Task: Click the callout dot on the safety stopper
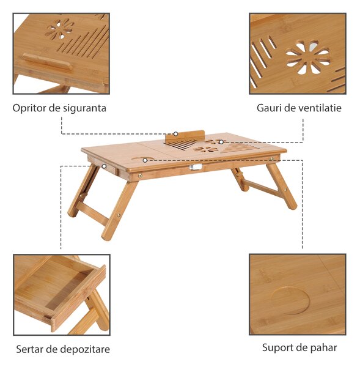point(175,134)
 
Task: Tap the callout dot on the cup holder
point(145,160)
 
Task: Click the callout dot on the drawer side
point(104,166)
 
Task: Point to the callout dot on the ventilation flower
point(221,142)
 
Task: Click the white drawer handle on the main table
point(196,167)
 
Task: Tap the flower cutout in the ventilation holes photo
point(308,58)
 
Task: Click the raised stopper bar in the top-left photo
point(48,62)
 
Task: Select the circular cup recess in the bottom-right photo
point(290,301)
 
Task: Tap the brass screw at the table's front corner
point(141,176)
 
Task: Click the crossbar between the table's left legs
point(93,213)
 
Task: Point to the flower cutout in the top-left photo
point(59,29)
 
